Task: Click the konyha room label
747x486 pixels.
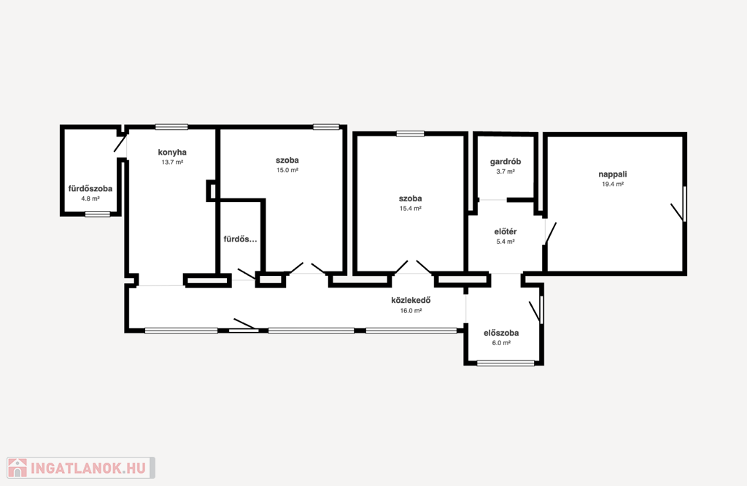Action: click(x=172, y=153)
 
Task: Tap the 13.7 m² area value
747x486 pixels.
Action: click(x=172, y=163)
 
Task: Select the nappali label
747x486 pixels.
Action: click(x=613, y=174)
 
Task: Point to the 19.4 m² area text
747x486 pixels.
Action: click(x=613, y=185)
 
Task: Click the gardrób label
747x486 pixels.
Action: click(x=506, y=161)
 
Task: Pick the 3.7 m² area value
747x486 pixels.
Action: click(x=506, y=171)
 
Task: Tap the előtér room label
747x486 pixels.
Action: click(x=506, y=231)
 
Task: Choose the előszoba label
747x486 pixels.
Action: click(x=501, y=333)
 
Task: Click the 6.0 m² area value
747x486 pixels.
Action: click(x=501, y=343)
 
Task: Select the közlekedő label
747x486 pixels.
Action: click(x=411, y=300)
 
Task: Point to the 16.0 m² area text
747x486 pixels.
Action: click(x=411, y=311)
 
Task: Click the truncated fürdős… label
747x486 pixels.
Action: click(x=240, y=239)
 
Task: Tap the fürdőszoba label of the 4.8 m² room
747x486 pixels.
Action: click(x=90, y=189)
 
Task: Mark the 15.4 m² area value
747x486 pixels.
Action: click(x=410, y=209)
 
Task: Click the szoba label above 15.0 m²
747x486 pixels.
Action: click(x=287, y=160)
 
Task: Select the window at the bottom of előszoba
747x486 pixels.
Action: click(x=506, y=363)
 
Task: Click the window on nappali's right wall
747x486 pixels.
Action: click(x=684, y=204)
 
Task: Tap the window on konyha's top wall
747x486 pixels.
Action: click(x=171, y=127)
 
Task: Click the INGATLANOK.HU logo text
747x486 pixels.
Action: click(x=88, y=468)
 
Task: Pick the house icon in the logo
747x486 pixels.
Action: click(x=18, y=468)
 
